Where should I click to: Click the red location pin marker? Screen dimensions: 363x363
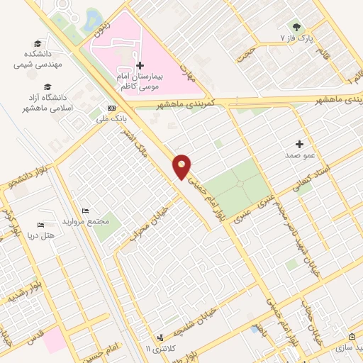(x=182, y=166)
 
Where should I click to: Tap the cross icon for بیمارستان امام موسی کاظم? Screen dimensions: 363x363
(x=140, y=65)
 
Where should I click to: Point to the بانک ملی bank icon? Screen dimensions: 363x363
(x=109, y=108)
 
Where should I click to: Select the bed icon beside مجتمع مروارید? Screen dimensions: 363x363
(x=86, y=211)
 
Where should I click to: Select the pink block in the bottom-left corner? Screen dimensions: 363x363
(x=55, y=342)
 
